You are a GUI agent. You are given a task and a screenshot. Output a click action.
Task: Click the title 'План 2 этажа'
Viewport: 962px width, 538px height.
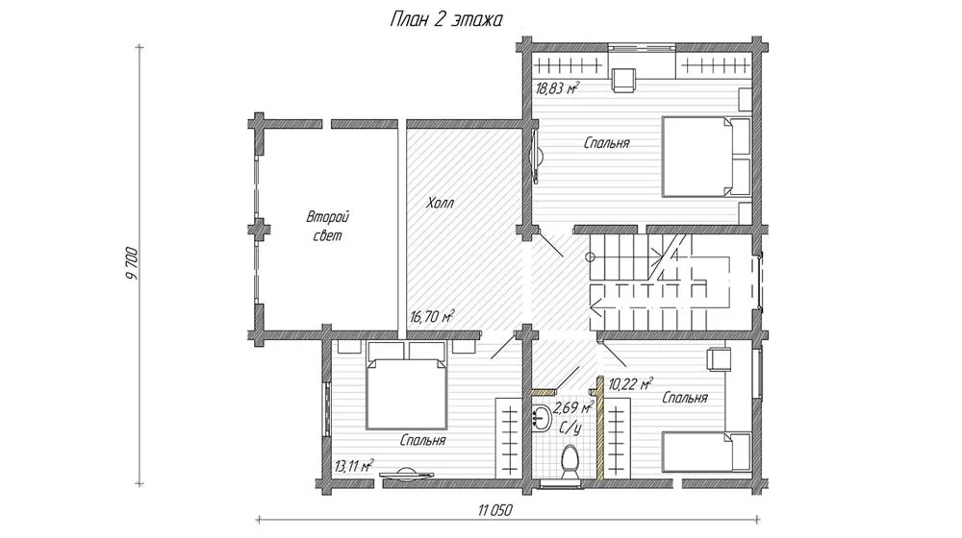click(x=446, y=20)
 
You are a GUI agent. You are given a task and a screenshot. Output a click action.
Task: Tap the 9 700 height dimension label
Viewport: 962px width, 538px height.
click(x=132, y=263)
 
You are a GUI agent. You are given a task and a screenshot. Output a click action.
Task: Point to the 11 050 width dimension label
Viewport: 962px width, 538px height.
click(x=494, y=510)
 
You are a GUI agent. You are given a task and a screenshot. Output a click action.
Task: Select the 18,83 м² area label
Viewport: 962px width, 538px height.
click(x=557, y=88)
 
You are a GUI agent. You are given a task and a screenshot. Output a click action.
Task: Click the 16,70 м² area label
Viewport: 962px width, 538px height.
click(x=432, y=316)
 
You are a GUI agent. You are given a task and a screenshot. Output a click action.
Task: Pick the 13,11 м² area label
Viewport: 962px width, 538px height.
click(x=354, y=466)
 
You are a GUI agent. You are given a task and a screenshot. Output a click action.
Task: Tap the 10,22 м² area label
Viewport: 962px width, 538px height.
click(x=630, y=384)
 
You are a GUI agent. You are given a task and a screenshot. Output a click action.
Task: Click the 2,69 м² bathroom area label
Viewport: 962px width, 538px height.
click(x=573, y=407)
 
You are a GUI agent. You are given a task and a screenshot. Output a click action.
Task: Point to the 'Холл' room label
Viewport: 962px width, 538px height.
click(x=440, y=203)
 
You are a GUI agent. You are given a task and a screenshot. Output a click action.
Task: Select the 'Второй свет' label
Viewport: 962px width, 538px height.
click(x=328, y=226)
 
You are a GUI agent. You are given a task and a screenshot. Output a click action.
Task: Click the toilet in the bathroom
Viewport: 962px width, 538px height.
click(x=569, y=463)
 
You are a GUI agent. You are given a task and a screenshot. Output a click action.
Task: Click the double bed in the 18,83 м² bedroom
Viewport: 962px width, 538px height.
click(x=706, y=157)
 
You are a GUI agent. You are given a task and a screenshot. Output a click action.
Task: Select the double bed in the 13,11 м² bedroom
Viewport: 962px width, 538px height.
click(x=406, y=385)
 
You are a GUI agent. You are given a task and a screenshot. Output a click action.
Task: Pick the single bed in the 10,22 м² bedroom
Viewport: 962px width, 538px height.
click(x=707, y=452)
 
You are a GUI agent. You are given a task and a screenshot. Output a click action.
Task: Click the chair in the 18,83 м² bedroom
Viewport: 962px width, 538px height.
click(x=623, y=80)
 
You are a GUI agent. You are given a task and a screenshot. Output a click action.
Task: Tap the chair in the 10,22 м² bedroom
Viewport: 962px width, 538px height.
click(x=719, y=359)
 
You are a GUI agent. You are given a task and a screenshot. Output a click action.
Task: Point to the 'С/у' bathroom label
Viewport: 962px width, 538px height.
click(x=570, y=428)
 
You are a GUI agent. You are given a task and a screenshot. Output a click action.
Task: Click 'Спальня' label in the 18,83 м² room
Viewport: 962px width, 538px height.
click(x=607, y=143)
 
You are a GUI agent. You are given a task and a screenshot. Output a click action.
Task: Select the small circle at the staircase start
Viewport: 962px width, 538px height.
click(x=591, y=257)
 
